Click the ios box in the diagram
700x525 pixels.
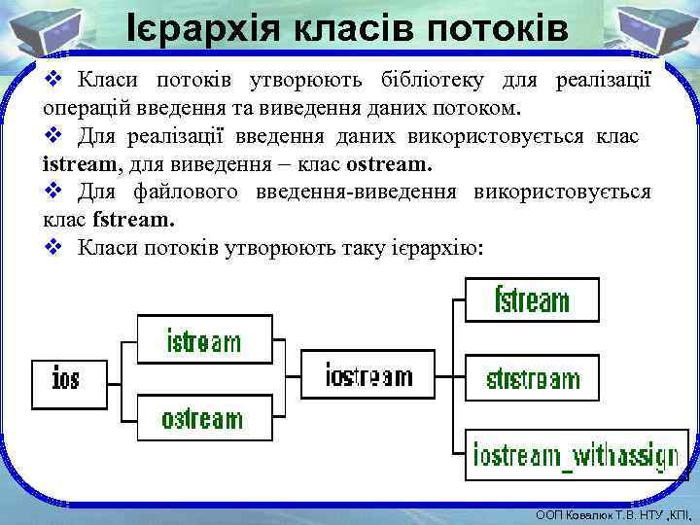click(66, 378)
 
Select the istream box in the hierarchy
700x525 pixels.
click(204, 340)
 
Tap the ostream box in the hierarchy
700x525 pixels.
click(203, 418)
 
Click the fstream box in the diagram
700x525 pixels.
click(532, 299)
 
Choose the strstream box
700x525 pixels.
click(532, 377)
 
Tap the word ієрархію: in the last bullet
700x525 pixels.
click(435, 248)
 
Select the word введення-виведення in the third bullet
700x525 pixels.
click(356, 192)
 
